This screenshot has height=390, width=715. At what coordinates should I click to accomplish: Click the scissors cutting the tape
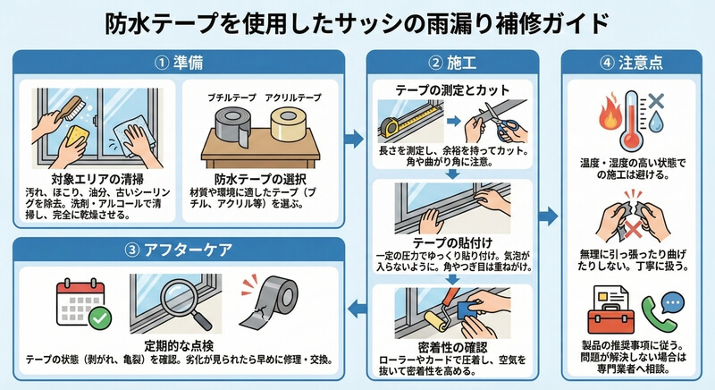pyautogui.click(x=497, y=123)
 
